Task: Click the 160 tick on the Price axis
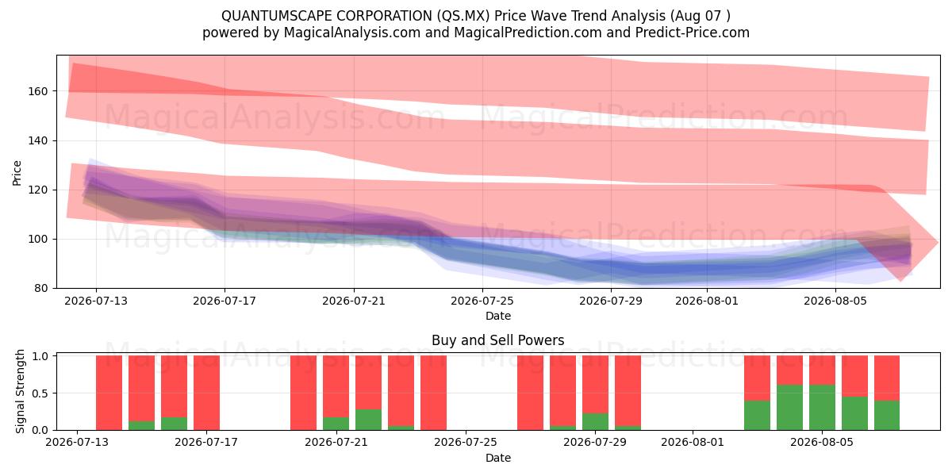38,91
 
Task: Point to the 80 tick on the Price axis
41,289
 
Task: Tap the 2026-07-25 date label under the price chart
482,301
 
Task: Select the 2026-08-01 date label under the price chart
707,301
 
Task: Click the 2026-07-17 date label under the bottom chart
206,442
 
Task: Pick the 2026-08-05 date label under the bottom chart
822,442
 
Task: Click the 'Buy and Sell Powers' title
497,340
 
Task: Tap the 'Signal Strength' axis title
20,391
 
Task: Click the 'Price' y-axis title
17,173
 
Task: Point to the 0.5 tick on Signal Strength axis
40,393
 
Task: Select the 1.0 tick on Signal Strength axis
40,355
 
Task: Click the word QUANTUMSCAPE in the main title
276,16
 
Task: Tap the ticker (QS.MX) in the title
462,16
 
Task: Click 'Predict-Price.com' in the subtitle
693,33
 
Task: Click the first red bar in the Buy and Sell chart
109,393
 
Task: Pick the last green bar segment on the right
887,415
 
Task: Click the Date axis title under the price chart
498,316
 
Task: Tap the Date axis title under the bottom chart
498,458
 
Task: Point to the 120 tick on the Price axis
38,190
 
